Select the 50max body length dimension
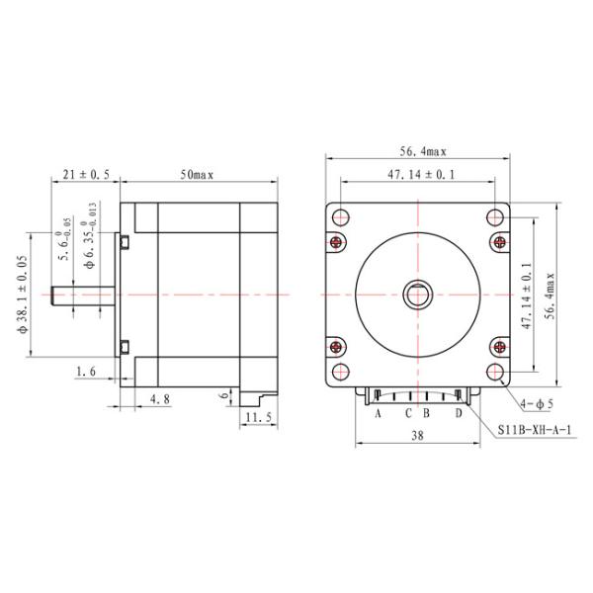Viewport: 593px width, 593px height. tap(197, 174)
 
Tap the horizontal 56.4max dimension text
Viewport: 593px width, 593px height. tap(423, 151)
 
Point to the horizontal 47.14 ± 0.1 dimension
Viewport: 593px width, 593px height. tap(420, 174)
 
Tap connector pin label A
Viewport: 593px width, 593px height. tap(378, 414)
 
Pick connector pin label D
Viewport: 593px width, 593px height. tap(458, 414)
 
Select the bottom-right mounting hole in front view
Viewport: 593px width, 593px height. tap(496, 373)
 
